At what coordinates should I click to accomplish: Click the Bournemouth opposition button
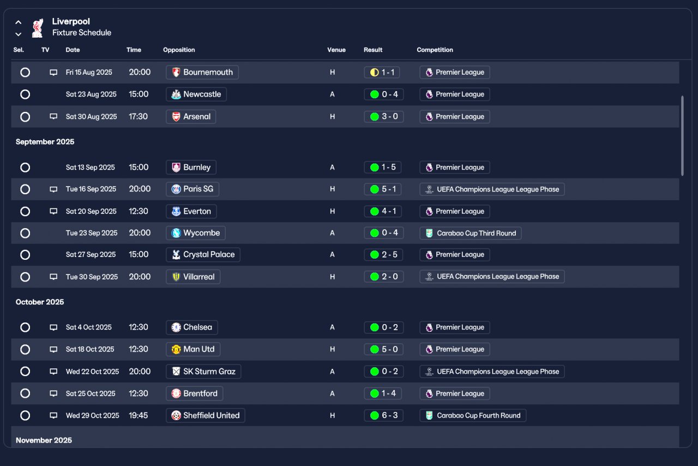click(202, 72)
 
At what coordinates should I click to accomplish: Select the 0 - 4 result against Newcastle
click(384, 94)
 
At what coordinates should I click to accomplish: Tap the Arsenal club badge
click(176, 117)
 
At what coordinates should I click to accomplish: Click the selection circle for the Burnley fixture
click(25, 168)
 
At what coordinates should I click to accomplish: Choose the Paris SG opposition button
click(192, 189)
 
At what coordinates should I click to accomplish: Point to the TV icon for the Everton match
click(53, 211)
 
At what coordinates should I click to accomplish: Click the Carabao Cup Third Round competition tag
click(471, 233)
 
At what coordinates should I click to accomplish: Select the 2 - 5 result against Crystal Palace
click(384, 255)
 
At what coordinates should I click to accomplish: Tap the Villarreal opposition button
click(193, 277)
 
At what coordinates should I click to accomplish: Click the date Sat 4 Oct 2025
click(89, 327)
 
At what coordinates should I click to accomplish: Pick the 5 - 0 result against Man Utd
click(384, 349)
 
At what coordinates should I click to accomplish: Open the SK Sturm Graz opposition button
click(203, 372)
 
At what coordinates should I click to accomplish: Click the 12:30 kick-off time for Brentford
click(139, 393)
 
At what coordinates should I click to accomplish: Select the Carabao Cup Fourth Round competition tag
click(473, 415)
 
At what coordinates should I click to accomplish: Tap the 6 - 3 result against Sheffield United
click(384, 415)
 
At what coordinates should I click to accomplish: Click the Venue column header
click(336, 50)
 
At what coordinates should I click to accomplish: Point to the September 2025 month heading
click(45, 142)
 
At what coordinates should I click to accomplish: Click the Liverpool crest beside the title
click(37, 28)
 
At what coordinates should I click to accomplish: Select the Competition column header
click(435, 50)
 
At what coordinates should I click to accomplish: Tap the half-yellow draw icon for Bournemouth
click(374, 72)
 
